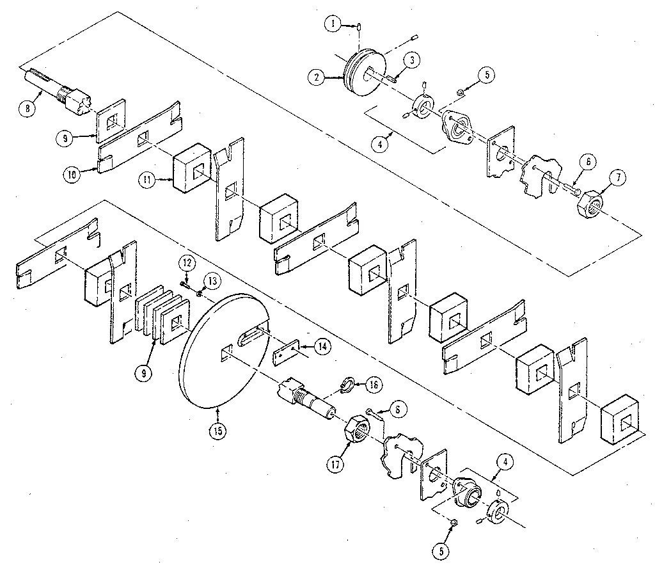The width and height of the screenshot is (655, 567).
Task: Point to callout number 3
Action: coord(413,60)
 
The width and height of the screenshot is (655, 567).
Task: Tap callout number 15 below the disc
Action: coord(218,431)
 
